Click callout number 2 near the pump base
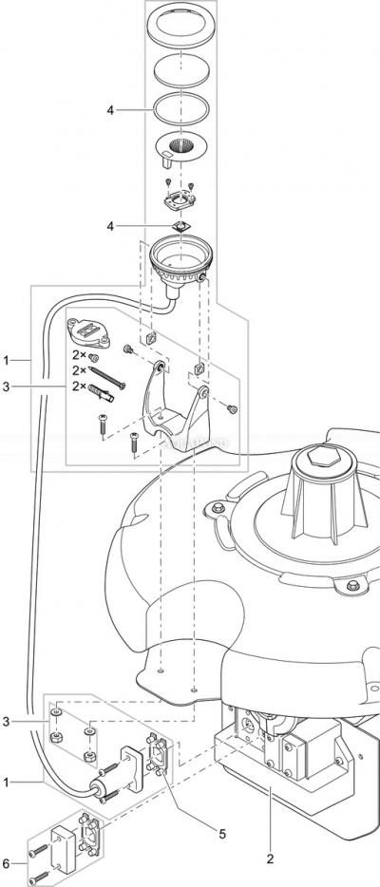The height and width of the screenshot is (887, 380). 270,859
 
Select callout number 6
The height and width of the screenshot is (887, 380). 7,864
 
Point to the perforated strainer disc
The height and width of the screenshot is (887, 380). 180,147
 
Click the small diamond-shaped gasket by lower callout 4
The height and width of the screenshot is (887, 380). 180,227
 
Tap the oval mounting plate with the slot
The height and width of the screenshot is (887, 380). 87,331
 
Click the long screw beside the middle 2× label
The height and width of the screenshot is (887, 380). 106,377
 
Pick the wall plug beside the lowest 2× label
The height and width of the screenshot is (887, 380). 102,392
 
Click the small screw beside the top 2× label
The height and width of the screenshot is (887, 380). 93,357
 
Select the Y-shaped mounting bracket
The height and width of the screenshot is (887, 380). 175,407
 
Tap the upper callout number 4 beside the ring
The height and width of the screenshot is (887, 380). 111,110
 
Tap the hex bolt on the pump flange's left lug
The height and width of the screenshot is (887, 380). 218,508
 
